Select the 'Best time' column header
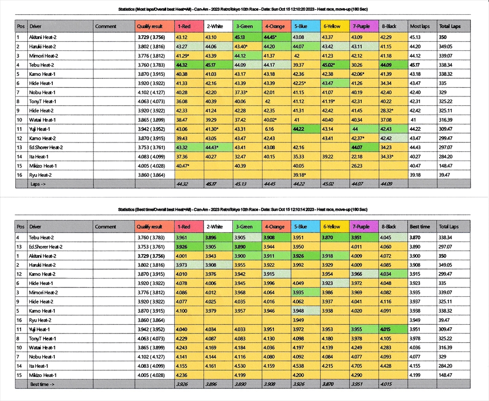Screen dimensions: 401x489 (420, 227)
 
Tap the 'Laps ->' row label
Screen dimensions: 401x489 (38, 184)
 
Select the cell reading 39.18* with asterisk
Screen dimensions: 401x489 (299, 175)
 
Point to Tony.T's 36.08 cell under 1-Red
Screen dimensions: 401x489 (182, 101)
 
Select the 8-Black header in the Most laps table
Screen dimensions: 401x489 (389, 26)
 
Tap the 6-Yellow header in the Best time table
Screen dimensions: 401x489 (332, 227)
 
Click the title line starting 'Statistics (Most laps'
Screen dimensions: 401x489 (243, 9)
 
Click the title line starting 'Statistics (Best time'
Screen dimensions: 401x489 (243, 210)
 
